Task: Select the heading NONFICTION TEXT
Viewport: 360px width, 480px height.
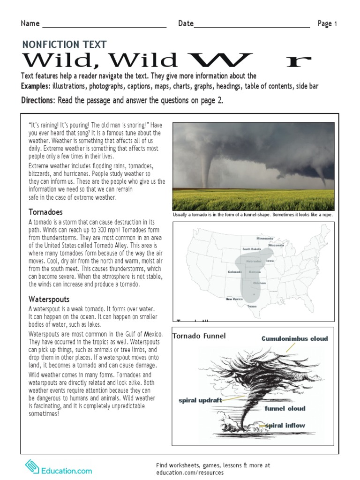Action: click(x=64, y=45)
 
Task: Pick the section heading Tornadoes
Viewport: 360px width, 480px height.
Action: click(x=45, y=212)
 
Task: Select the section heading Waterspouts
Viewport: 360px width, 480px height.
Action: click(x=49, y=299)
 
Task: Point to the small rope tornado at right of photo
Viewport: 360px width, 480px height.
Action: click(x=322, y=176)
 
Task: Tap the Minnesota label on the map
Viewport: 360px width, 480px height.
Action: click(x=265, y=238)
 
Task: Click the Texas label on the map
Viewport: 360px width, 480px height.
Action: click(x=252, y=307)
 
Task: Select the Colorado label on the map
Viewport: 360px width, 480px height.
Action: click(x=235, y=272)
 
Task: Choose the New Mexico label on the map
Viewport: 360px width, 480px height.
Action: click(x=234, y=299)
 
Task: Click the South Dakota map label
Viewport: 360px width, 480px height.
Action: click(x=252, y=249)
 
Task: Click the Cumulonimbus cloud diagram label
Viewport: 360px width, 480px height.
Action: click(x=294, y=338)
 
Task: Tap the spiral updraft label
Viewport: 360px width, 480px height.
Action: click(x=200, y=400)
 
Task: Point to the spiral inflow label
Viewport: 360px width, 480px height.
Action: click(x=285, y=426)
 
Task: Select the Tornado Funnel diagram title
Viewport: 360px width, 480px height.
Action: click(x=199, y=336)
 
